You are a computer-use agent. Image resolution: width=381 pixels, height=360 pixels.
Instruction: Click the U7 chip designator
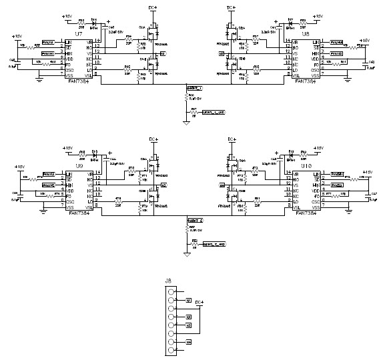79,33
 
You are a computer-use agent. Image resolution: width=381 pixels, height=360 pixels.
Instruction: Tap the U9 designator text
79,166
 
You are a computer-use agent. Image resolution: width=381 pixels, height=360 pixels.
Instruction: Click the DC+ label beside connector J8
198,303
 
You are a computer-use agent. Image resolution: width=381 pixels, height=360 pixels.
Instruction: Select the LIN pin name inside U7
69,43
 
